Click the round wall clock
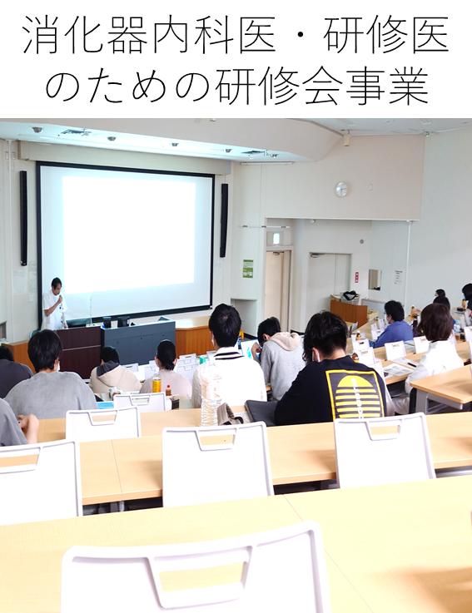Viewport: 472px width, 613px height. (x=341, y=189)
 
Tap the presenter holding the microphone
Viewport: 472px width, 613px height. (x=55, y=304)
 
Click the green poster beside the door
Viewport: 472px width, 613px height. (x=248, y=269)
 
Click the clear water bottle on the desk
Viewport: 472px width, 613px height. (x=211, y=398)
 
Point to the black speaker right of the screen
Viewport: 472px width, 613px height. (x=224, y=220)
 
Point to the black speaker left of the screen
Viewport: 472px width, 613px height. (x=23, y=218)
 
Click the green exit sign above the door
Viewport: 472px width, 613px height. (x=276, y=238)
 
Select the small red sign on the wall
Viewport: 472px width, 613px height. (x=356, y=277)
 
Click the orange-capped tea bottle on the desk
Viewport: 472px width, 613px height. (x=157, y=381)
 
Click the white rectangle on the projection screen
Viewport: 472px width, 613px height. (x=129, y=230)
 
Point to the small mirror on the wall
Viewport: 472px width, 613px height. (x=375, y=279)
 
